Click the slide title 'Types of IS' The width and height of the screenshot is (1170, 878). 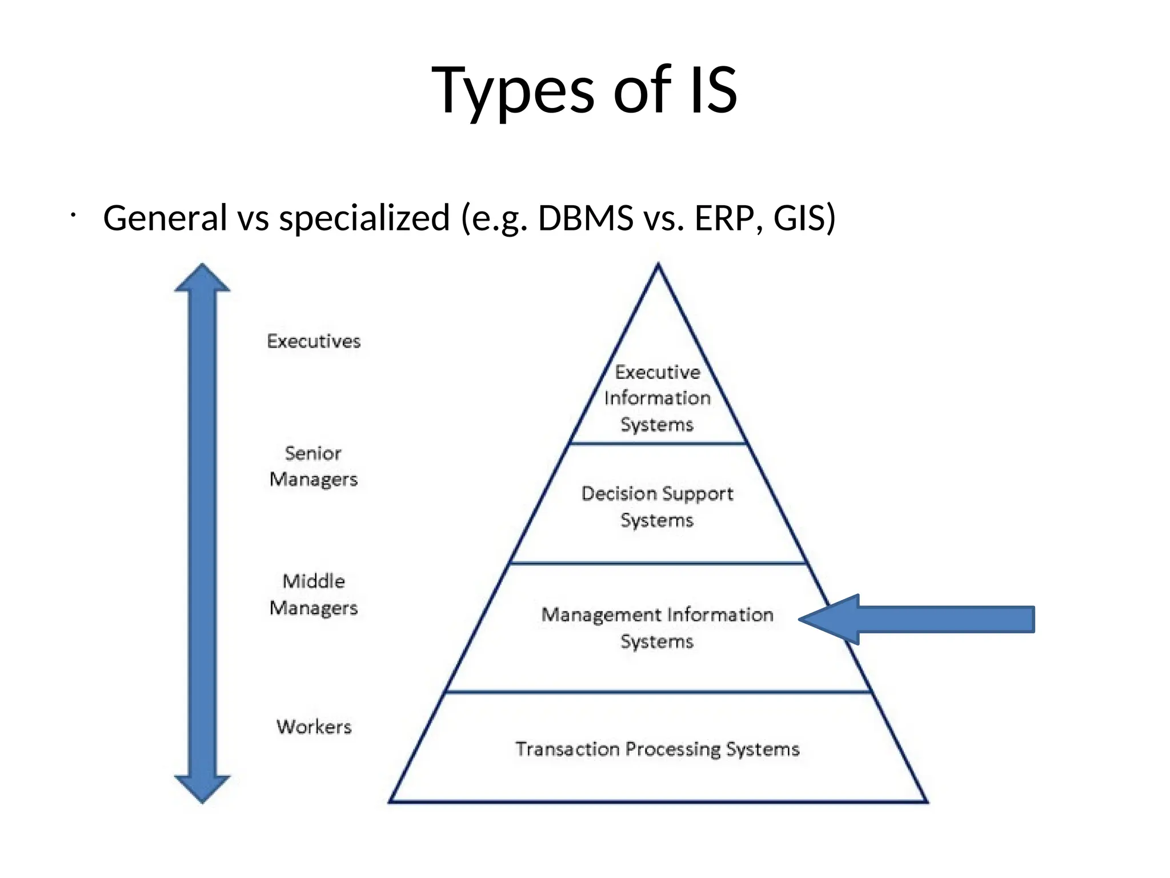[584, 90]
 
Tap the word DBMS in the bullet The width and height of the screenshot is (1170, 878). [585, 218]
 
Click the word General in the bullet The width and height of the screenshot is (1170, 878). [165, 218]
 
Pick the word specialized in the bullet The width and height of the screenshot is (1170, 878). [364, 219]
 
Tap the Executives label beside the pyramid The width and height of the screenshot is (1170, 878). [314, 341]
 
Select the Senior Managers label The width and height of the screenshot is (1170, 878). [313, 466]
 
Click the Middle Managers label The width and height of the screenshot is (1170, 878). [313, 595]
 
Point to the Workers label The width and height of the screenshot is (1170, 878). [314, 727]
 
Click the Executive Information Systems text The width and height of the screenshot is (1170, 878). [658, 398]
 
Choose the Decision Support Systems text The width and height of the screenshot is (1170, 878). [657, 506]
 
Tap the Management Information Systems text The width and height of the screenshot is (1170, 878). [657, 628]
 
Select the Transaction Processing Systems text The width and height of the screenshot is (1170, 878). [657, 749]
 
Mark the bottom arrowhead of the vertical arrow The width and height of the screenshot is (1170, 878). [202, 788]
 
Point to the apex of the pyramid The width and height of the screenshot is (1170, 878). [658, 266]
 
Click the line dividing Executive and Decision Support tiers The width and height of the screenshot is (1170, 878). [658, 443]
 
